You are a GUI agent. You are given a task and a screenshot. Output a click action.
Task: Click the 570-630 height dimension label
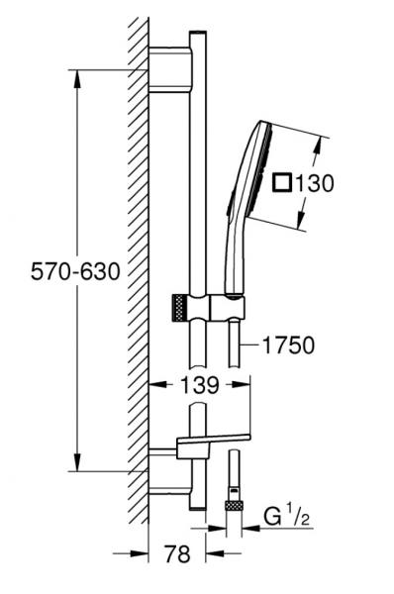(75, 271)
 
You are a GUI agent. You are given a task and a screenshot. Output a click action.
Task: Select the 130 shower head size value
(315, 183)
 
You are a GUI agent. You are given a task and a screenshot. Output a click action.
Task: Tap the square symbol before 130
(282, 182)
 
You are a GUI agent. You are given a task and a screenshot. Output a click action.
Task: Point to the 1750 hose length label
(289, 346)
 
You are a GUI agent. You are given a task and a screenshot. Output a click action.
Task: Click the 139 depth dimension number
(200, 385)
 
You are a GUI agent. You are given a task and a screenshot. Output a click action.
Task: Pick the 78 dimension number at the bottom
(177, 553)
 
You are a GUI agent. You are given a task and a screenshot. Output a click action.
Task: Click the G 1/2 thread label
(286, 517)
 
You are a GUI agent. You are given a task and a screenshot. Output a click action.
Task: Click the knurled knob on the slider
(181, 307)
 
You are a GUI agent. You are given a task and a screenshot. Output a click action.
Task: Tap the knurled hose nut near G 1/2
(234, 505)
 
